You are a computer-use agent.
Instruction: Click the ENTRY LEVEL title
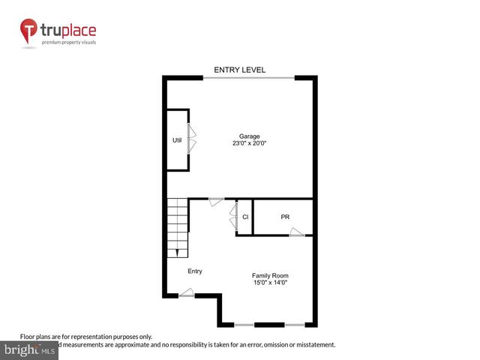point(240,70)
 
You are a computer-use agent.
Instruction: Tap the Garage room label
point(250,136)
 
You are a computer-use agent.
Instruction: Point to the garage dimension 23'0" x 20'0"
point(250,143)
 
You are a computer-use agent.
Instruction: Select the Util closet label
point(177,139)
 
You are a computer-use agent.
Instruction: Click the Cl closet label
point(245,217)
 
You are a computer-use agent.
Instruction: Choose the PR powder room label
point(285,217)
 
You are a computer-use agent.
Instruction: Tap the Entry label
point(195,271)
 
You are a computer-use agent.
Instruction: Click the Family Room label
point(270,275)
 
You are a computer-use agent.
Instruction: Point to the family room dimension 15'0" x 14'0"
point(270,283)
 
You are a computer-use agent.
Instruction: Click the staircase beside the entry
point(178,226)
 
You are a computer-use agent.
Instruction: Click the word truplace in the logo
point(69,31)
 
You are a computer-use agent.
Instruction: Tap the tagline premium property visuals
point(69,42)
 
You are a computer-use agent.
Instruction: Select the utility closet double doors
point(192,139)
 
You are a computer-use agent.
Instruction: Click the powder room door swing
point(297,232)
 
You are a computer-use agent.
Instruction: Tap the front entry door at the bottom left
point(187,294)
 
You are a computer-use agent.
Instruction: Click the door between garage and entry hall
point(216,201)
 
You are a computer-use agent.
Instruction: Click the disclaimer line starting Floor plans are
point(85,337)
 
